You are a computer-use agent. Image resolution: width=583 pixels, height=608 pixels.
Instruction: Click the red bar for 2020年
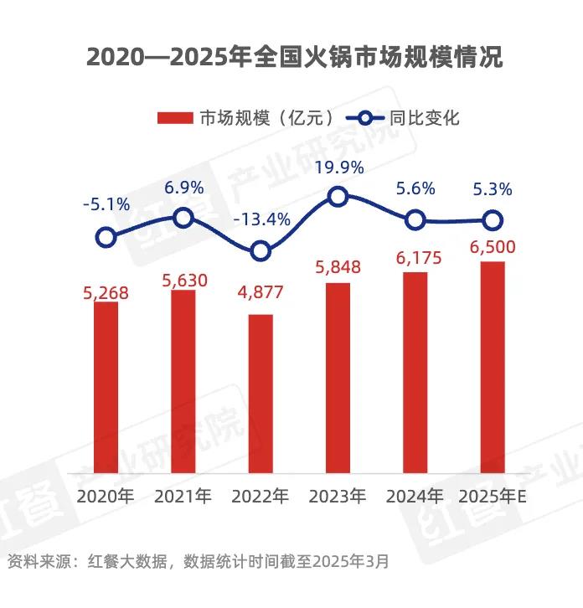(106, 390)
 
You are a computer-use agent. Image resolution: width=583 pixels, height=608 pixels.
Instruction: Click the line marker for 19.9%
(338, 197)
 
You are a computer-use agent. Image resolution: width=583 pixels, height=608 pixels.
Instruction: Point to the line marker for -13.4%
(261, 250)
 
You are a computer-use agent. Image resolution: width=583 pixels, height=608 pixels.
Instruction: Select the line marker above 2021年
(183, 219)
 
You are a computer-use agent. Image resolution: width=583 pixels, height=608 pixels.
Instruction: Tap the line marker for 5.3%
(493, 221)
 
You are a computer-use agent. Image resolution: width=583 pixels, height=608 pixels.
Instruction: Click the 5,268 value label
(106, 293)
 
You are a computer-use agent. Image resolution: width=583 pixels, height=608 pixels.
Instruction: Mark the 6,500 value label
(493, 248)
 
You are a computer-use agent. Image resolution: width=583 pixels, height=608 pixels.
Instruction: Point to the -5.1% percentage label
(106, 204)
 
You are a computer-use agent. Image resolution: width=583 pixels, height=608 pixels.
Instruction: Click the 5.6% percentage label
(415, 188)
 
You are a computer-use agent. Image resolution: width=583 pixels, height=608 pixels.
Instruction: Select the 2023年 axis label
(338, 496)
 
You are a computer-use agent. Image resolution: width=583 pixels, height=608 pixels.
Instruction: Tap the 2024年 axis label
(415, 496)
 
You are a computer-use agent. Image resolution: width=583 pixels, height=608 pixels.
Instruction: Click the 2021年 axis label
(183, 496)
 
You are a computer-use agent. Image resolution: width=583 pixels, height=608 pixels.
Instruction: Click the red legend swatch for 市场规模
(175, 118)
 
